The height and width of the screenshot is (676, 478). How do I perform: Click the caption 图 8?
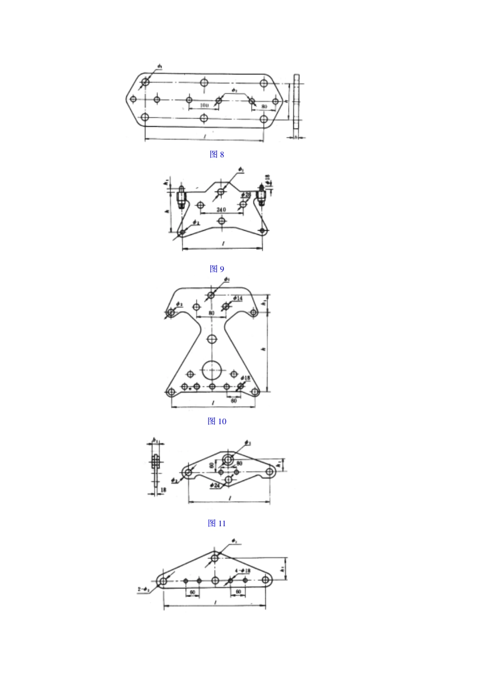click(217, 154)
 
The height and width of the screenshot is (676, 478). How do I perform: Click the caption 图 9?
click(217, 268)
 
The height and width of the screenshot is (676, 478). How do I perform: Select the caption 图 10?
click(217, 421)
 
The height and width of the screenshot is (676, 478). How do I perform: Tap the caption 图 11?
click(217, 523)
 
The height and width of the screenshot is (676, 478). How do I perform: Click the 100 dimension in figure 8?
click(204, 106)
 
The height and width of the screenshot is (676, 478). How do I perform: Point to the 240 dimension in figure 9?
click(221, 209)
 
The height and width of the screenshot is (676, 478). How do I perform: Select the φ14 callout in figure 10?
click(237, 299)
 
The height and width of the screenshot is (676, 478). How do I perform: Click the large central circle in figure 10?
click(212, 371)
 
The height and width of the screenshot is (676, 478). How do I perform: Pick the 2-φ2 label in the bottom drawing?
click(143, 589)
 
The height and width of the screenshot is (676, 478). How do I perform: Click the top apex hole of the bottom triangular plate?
click(215, 557)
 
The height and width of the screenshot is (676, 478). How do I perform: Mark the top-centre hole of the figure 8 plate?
click(204, 82)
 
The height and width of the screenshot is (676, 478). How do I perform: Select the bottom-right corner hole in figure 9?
click(263, 231)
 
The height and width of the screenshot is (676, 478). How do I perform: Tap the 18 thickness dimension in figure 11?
click(163, 489)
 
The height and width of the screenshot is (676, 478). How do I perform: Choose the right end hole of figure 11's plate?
click(270, 471)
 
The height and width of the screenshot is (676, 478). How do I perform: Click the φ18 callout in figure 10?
click(246, 377)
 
